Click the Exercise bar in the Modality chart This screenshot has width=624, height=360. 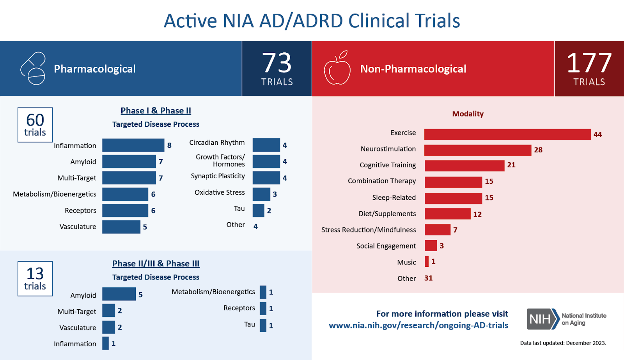click(x=507, y=134)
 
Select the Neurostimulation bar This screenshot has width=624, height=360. click(x=478, y=150)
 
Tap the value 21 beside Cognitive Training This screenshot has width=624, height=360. click(x=511, y=165)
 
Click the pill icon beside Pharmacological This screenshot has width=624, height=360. click(x=33, y=69)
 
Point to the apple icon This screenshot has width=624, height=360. click(x=337, y=69)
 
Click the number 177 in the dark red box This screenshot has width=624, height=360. click(x=589, y=63)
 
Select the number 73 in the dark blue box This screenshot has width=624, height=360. click(x=277, y=63)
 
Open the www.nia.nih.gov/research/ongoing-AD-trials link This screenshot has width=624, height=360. click(x=418, y=325)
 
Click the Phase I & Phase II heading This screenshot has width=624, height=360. click(x=156, y=111)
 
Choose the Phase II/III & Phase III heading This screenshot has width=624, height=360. click(x=156, y=264)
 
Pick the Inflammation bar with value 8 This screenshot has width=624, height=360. click(x=133, y=145)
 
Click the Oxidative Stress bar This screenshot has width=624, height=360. click(x=261, y=194)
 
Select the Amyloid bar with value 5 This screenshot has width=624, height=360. click(x=119, y=294)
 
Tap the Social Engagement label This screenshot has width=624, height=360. click(x=386, y=246)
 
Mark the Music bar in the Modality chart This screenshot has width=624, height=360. click(x=427, y=261)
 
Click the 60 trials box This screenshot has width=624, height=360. click(x=35, y=125)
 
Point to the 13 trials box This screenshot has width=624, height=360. click(x=35, y=278)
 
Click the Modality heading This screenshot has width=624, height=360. click(x=468, y=114)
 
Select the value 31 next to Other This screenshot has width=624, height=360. click(x=428, y=278)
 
